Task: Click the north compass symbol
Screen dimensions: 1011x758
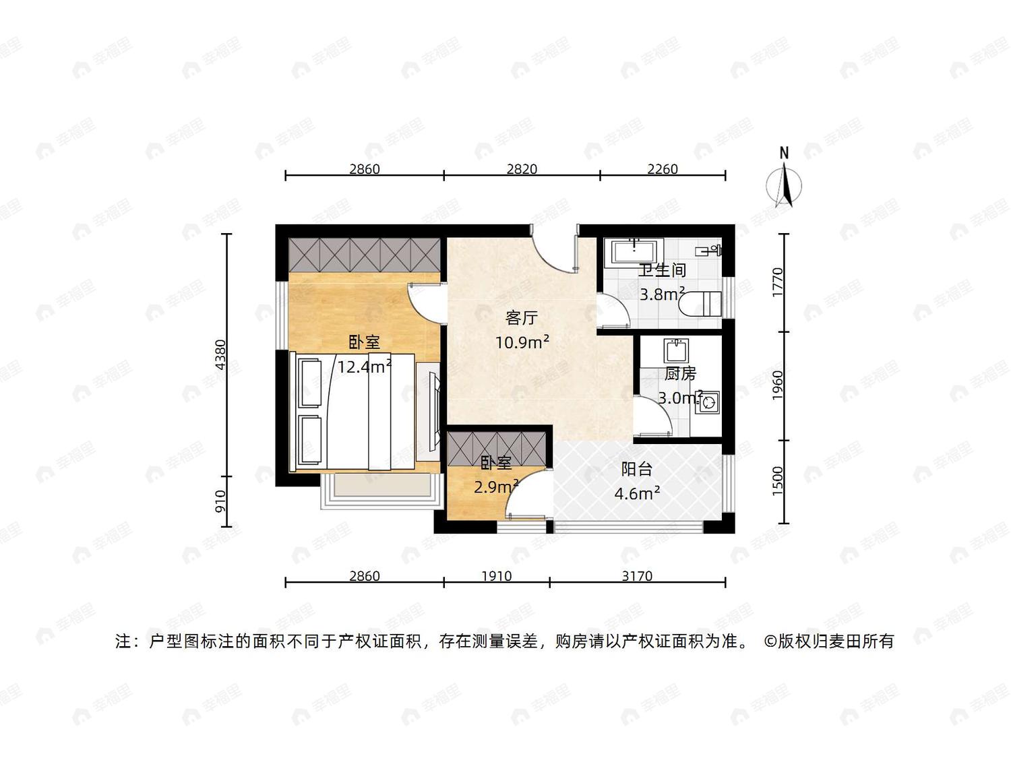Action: pyautogui.click(x=783, y=179)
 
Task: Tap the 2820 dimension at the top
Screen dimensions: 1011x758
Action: pyautogui.click(x=522, y=169)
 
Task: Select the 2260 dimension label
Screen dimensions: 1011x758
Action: pyautogui.click(x=662, y=169)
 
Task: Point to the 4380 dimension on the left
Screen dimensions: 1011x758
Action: pyautogui.click(x=221, y=354)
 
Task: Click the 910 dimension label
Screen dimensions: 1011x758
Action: pyautogui.click(x=221, y=501)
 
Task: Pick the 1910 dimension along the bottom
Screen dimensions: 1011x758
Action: pyautogui.click(x=497, y=576)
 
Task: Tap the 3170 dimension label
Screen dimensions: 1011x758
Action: pyautogui.click(x=637, y=576)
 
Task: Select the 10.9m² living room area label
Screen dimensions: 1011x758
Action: pyautogui.click(x=522, y=342)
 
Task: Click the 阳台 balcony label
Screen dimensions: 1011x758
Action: pyautogui.click(x=636, y=470)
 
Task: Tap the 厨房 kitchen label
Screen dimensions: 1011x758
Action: pyautogui.click(x=680, y=374)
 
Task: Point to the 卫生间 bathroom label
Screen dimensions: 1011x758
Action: pyautogui.click(x=662, y=270)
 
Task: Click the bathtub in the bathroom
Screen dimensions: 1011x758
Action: pyautogui.click(x=634, y=252)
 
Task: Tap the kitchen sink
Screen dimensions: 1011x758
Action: pyautogui.click(x=676, y=350)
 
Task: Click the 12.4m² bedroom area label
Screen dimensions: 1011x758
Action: pyautogui.click(x=365, y=367)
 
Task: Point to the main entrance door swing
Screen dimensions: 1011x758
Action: pyautogui.click(x=554, y=249)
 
